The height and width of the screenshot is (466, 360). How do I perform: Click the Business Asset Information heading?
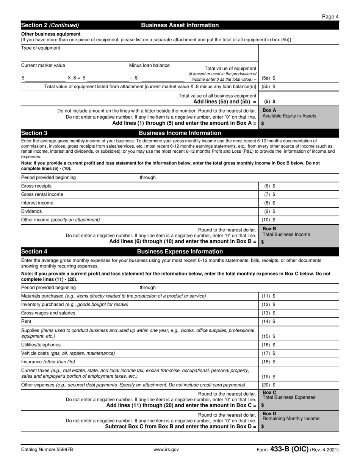click(180, 25)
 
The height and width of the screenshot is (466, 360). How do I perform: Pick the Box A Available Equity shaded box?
click(299, 117)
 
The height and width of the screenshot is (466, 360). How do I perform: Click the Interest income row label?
click(37, 203)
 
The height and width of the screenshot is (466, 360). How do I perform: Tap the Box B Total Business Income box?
click(299, 235)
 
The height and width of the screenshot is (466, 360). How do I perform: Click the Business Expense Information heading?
click(180, 252)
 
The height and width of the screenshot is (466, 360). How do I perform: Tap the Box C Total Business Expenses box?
click(299, 399)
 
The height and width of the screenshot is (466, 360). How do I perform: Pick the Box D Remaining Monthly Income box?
click(299, 420)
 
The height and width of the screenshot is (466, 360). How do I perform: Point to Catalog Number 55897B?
click(47, 450)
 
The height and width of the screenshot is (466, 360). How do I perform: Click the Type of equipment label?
click(41, 48)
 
